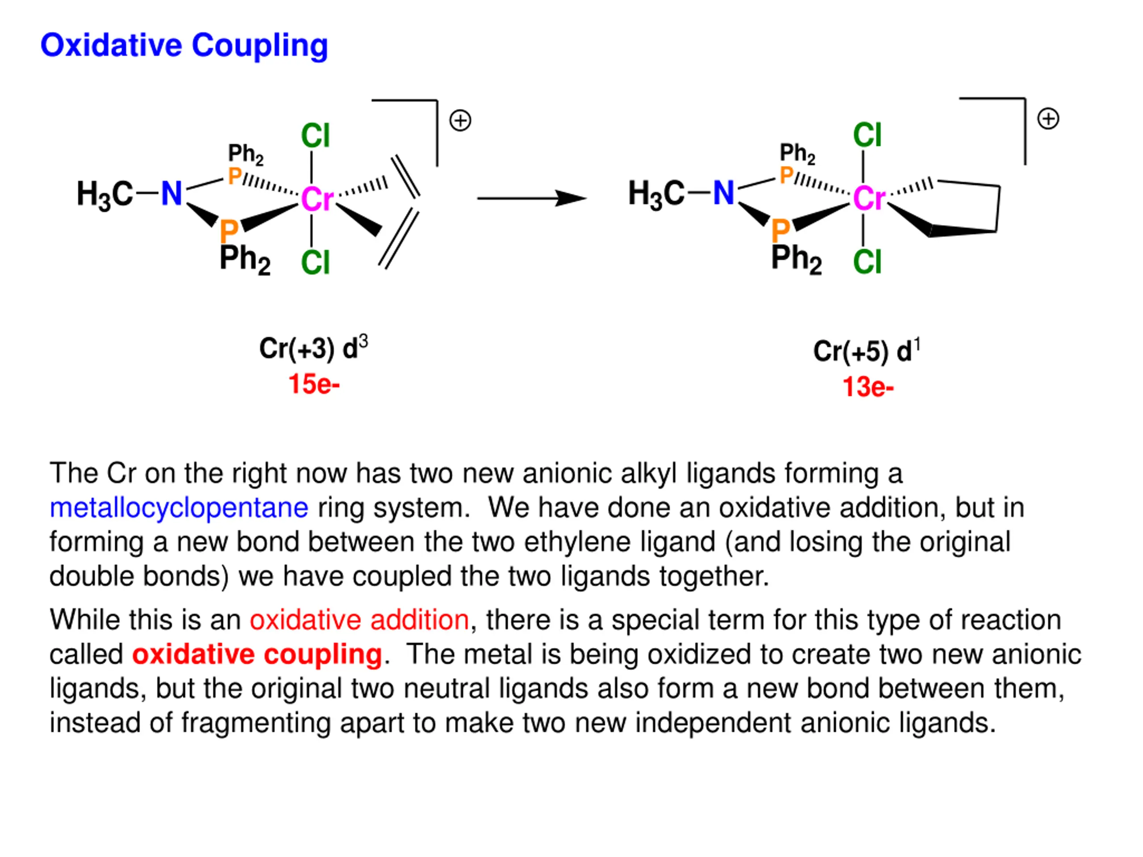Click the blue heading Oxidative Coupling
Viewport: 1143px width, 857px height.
click(x=184, y=46)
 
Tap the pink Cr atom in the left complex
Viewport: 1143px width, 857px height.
click(x=317, y=199)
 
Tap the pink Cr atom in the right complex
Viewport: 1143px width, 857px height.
click(x=868, y=198)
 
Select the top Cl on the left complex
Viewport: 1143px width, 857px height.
click(x=315, y=136)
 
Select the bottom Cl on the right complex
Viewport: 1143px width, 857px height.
click(x=867, y=262)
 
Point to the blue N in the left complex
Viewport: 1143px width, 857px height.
click(x=171, y=194)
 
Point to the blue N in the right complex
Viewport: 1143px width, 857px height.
click(x=723, y=193)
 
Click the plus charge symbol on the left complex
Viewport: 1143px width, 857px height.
click(x=460, y=121)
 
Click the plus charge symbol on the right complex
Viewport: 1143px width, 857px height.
click(x=1048, y=119)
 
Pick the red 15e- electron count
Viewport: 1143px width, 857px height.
click(x=313, y=384)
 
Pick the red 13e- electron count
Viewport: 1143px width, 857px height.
click(x=868, y=387)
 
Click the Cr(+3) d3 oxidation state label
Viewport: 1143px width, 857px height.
click(x=313, y=349)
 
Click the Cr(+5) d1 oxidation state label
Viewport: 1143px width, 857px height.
click(x=867, y=351)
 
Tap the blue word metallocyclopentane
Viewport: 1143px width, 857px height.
click(x=179, y=508)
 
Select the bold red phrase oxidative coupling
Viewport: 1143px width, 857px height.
click(x=257, y=654)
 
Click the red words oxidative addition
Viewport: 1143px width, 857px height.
click(x=359, y=620)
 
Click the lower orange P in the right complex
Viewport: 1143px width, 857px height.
click(x=780, y=230)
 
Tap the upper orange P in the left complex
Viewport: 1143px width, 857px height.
click(x=234, y=176)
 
